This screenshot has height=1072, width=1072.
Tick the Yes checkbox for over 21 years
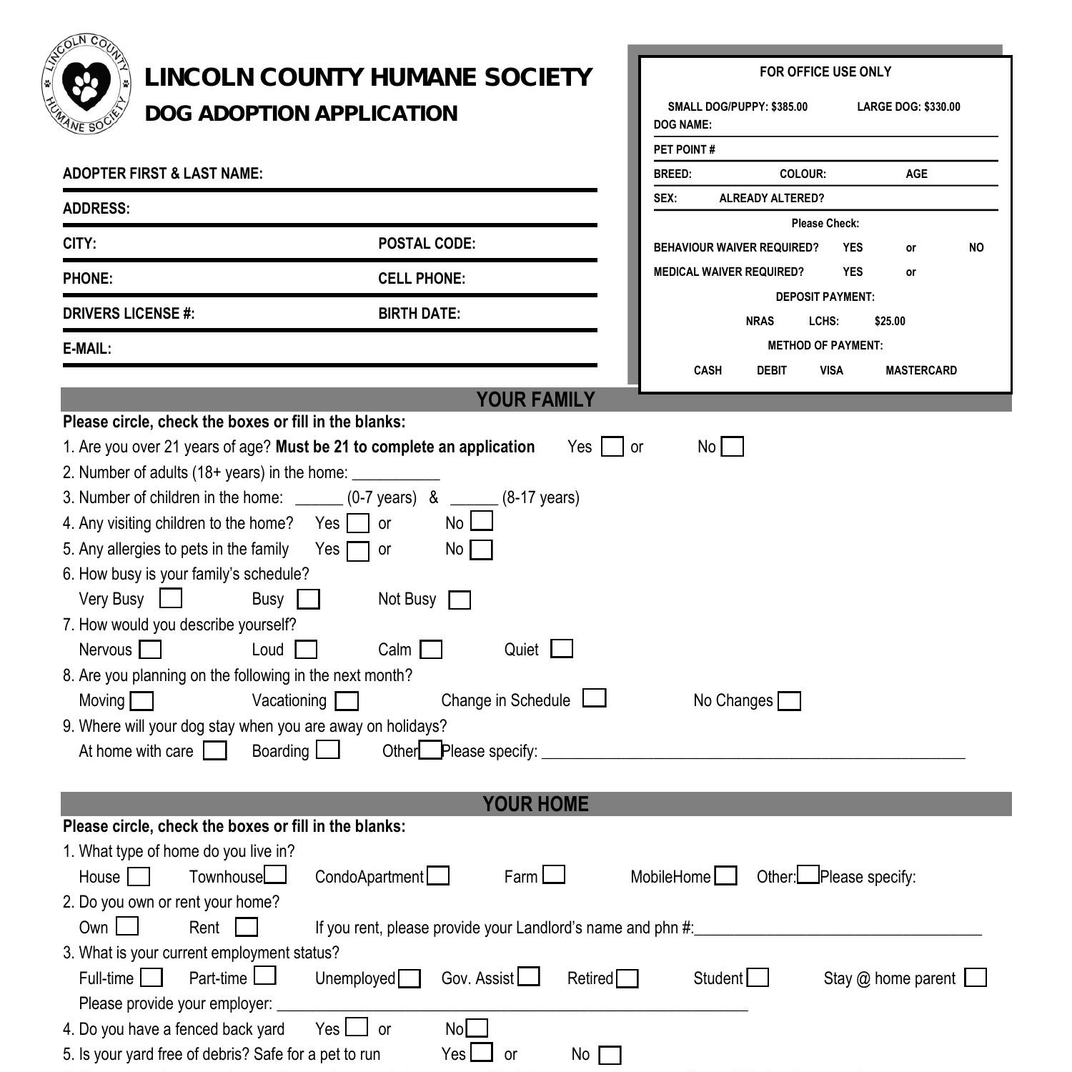[x=612, y=447]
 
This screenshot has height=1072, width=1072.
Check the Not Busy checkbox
[x=460, y=600]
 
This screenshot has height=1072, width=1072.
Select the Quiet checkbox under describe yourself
[x=562, y=649]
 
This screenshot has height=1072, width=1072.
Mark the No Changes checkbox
[x=790, y=701]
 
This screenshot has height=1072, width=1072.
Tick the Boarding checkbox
[x=328, y=750]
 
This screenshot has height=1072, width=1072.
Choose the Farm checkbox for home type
[x=554, y=875]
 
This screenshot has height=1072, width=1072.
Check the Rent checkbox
[x=247, y=928]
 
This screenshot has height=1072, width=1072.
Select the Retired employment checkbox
[x=627, y=978]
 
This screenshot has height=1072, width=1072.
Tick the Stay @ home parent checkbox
[x=976, y=978]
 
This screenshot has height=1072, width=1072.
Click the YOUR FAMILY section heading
[x=535, y=399]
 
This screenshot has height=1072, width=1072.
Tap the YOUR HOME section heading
[x=535, y=804]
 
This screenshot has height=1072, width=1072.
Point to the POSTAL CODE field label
[x=427, y=244]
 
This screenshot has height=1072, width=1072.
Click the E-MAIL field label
[x=87, y=349]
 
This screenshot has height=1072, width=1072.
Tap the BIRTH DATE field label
[x=419, y=314]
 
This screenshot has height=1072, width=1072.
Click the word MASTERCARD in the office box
[x=920, y=370]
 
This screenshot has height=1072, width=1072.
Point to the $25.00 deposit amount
[x=889, y=321]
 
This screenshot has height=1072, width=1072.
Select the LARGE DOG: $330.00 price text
[x=908, y=107]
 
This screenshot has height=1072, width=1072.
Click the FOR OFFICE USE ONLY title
[x=825, y=72]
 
